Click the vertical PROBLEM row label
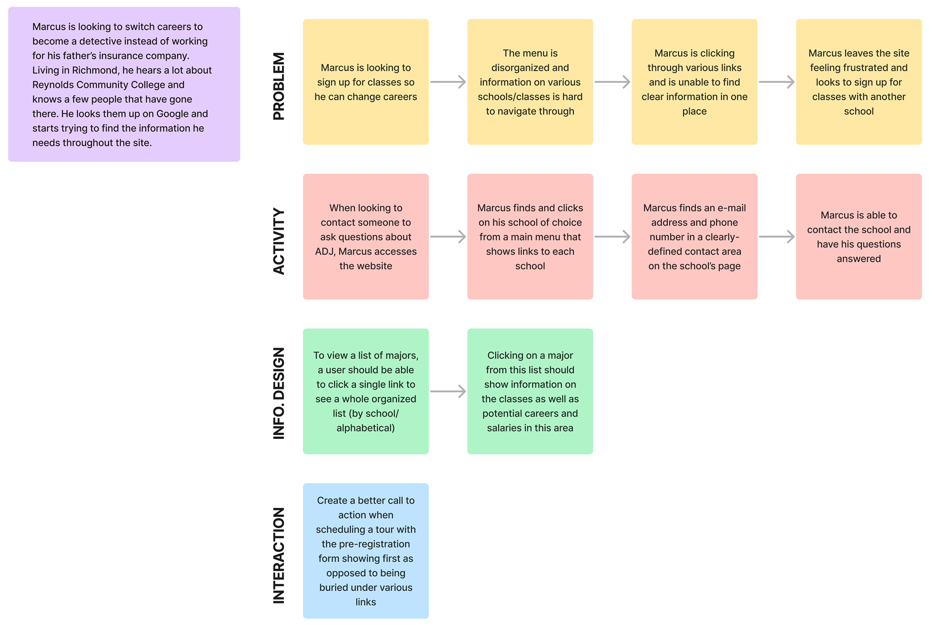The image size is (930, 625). click(x=279, y=86)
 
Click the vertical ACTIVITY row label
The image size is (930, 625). click(x=279, y=241)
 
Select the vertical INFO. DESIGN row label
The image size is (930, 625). click(x=279, y=393)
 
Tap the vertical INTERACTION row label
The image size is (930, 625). click(x=279, y=555)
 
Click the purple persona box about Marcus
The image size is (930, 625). click(x=124, y=84)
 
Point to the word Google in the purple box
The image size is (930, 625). click(x=172, y=114)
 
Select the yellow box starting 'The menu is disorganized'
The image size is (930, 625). click(x=530, y=82)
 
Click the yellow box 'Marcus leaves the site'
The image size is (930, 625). click(x=858, y=82)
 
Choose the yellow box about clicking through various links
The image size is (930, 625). click(x=694, y=82)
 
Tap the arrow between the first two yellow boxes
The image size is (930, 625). click(x=448, y=82)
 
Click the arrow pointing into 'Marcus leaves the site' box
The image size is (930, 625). click(x=776, y=82)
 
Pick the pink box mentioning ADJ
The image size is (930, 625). click(x=366, y=236)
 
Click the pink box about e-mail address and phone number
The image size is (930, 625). click(x=694, y=236)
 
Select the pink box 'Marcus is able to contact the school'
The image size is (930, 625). click(x=858, y=236)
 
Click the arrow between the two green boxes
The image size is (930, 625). click(x=448, y=391)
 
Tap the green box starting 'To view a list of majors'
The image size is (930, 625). click(x=366, y=391)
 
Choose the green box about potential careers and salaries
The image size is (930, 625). click(x=530, y=391)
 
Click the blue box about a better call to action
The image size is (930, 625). click(x=366, y=550)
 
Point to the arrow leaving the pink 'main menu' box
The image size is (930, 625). click(x=612, y=237)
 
